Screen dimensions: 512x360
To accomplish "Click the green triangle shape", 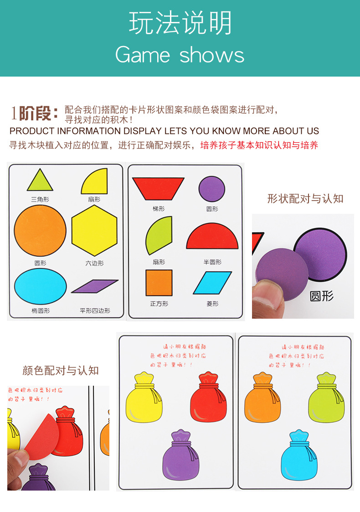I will point(40,181).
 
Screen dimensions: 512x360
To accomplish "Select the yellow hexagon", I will point(94,230).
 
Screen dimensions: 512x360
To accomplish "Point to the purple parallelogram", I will point(95,286).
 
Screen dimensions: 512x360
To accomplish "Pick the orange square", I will point(159,283).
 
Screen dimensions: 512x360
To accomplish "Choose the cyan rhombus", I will point(212,283).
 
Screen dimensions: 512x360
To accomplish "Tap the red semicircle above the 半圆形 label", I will point(212,238).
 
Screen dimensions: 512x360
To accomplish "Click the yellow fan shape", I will point(96,182).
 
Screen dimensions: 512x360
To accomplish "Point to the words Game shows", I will point(180,55).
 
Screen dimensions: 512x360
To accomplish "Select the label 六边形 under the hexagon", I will point(94,263).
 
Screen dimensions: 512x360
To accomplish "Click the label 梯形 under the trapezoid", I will point(159,209).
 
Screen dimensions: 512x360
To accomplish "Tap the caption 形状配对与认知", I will point(305,198).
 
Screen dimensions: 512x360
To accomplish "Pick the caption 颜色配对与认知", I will point(61,370).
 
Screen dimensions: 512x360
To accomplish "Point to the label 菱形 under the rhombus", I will point(212,304).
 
